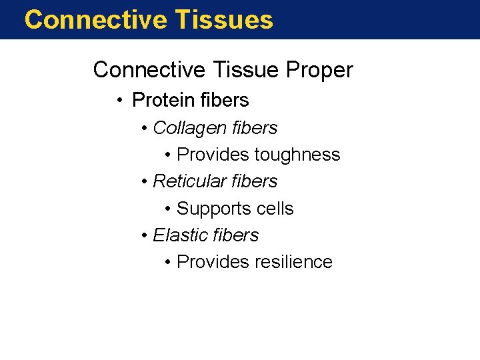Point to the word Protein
click(164, 100)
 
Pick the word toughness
click(297, 155)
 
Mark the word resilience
click(293, 262)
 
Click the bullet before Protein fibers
click(118, 101)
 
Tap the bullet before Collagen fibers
click(145, 128)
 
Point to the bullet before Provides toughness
click(168, 155)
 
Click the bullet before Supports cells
click(168, 209)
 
